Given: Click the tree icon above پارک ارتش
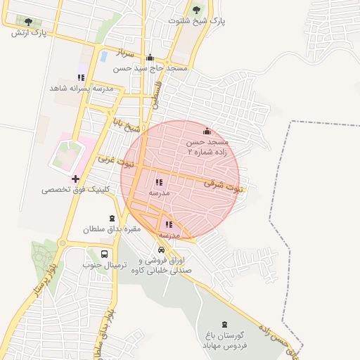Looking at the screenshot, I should pos(29,22).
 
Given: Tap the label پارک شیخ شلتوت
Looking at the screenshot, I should pos(197,21).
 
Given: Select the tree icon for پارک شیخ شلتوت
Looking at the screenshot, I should pos(196,10).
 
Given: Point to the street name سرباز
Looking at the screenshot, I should pos(124,52).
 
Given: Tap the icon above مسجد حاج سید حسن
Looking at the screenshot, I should pos(150,58).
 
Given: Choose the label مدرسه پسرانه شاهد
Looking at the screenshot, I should pos(81,88).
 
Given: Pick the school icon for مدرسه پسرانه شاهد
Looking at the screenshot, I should pos(81,77).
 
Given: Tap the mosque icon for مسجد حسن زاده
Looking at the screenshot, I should pos(207,131).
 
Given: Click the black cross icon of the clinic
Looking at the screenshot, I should pos(76,179).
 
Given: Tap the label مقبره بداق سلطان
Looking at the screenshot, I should pos(112,229).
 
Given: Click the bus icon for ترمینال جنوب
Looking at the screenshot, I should pos(105,254).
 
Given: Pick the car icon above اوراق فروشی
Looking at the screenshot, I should pos(162,250).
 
